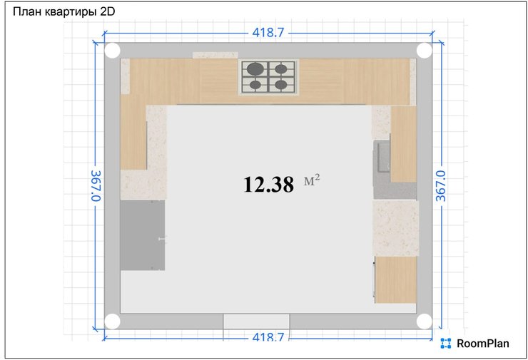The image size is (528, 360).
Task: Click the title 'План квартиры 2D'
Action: pos(64,12)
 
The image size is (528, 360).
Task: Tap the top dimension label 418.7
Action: pos(268,33)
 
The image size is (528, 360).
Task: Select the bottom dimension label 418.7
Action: pos(268,336)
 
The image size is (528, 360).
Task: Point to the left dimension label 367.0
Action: pos(96,186)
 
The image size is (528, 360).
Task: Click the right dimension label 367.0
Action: pos(441,186)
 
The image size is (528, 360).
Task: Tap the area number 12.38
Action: pos(268,185)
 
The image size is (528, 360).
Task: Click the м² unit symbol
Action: pos(312,180)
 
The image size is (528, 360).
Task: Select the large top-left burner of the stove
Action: pos(255,69)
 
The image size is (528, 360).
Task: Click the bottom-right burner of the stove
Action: pos(281,85)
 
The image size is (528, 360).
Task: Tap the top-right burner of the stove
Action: pos(281,69)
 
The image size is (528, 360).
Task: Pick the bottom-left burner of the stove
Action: pos(255,85)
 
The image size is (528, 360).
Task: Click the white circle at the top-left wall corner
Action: pos(113,51)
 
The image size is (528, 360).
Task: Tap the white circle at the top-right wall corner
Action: pos(425,51)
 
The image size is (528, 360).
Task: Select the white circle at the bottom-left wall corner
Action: pos(113,322)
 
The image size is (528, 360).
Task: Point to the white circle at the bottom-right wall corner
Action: pos(425,322)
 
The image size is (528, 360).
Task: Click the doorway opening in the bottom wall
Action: pos(256,322)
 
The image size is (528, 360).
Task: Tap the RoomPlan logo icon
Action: pos(445,344)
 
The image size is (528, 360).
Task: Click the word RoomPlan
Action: pos(483,344)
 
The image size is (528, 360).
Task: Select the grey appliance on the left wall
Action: pos(143,235)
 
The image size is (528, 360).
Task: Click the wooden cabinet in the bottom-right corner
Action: pos(396,279)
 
